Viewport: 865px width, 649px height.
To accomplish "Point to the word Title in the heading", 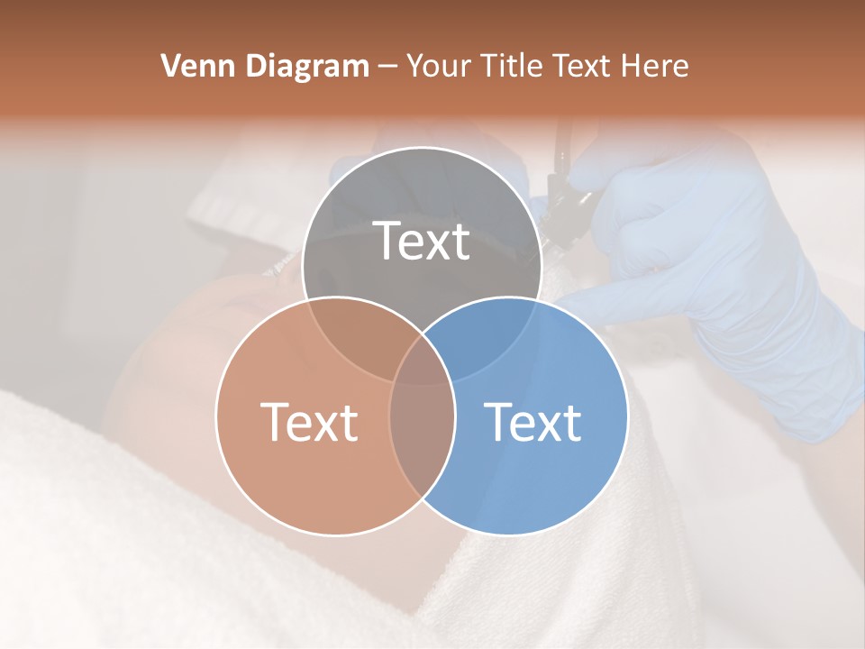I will (x=514, y=66).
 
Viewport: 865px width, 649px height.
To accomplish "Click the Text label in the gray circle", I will (x=422, y=241).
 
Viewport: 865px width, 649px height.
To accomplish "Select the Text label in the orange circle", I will (x=309, y=421).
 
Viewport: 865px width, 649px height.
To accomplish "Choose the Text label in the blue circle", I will (x=533, y=421).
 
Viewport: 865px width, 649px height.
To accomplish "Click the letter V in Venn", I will (x=170, y=66).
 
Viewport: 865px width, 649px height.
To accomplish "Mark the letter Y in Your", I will (x=415, y=66).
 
